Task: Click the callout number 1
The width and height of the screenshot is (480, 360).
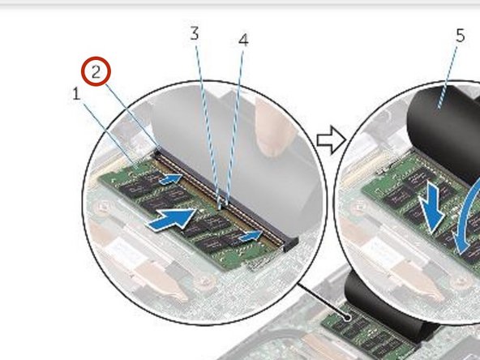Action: click(76, 94)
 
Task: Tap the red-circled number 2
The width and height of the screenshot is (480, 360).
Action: click(96, 71)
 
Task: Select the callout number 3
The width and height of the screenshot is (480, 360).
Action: click(195, 33)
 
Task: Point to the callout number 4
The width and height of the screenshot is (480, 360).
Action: click(243, 40)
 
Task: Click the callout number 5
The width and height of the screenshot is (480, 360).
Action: click(460, 36)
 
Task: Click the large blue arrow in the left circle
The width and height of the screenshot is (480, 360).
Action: click(172, 219)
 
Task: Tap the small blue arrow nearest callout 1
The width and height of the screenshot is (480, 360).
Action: click(171, 178)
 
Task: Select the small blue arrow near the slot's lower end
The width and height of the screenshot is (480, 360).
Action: click(251, 236)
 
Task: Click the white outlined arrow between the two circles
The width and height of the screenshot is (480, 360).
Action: click(332, 140)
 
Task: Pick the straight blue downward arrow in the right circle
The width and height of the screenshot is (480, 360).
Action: click(431, 208)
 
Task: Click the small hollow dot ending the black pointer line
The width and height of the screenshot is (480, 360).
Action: click(347, 317)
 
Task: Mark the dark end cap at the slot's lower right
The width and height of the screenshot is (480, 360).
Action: click(290, 244)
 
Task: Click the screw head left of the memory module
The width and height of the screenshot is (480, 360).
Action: click(102, 208)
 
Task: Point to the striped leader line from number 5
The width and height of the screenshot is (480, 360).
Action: click(448, 77)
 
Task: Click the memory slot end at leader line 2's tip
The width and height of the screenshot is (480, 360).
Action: click(158, 151)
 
